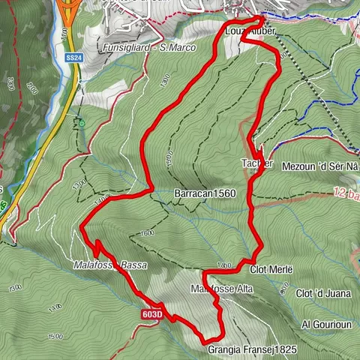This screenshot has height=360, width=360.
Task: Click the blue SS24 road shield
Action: point(73,57)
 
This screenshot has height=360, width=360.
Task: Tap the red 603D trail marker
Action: point(151,315)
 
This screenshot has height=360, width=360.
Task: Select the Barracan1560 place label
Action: point(205,193)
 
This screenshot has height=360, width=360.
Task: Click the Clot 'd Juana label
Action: point(324,292)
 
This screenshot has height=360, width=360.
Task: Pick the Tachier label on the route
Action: point(256,163)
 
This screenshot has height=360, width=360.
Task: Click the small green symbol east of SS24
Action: point(80,119)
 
